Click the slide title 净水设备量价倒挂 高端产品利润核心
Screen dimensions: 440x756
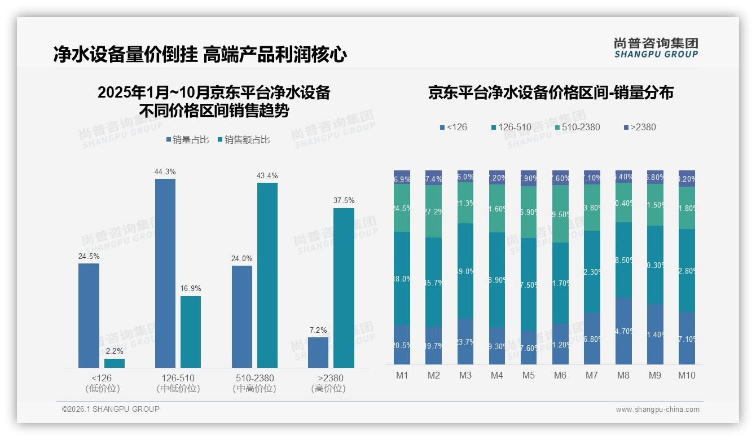point(200,54)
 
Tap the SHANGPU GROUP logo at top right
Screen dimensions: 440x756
point(656,48)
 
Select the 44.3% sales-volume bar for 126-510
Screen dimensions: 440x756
point(165,273)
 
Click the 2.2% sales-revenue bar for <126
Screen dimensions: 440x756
point(115,363)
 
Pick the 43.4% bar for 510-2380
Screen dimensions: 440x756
point(267,275)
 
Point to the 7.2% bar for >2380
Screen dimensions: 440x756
point(318,352)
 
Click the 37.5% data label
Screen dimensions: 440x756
point(344,200)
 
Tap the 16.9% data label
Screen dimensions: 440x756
point(191,288)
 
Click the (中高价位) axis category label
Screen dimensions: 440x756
point(254,389)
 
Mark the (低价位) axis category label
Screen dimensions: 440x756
point(102,389)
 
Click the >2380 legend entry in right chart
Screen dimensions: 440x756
point(640,127)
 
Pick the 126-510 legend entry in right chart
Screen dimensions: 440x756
point(511,127)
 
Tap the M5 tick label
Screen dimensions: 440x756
point(528,376)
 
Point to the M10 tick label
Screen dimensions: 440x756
point(687,376)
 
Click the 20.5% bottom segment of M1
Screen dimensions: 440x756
point(402,344)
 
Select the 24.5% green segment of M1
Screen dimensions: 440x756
point(402,208)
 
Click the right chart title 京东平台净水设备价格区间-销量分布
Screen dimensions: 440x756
point(551,93)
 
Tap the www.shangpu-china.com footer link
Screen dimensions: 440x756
point(657,410)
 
